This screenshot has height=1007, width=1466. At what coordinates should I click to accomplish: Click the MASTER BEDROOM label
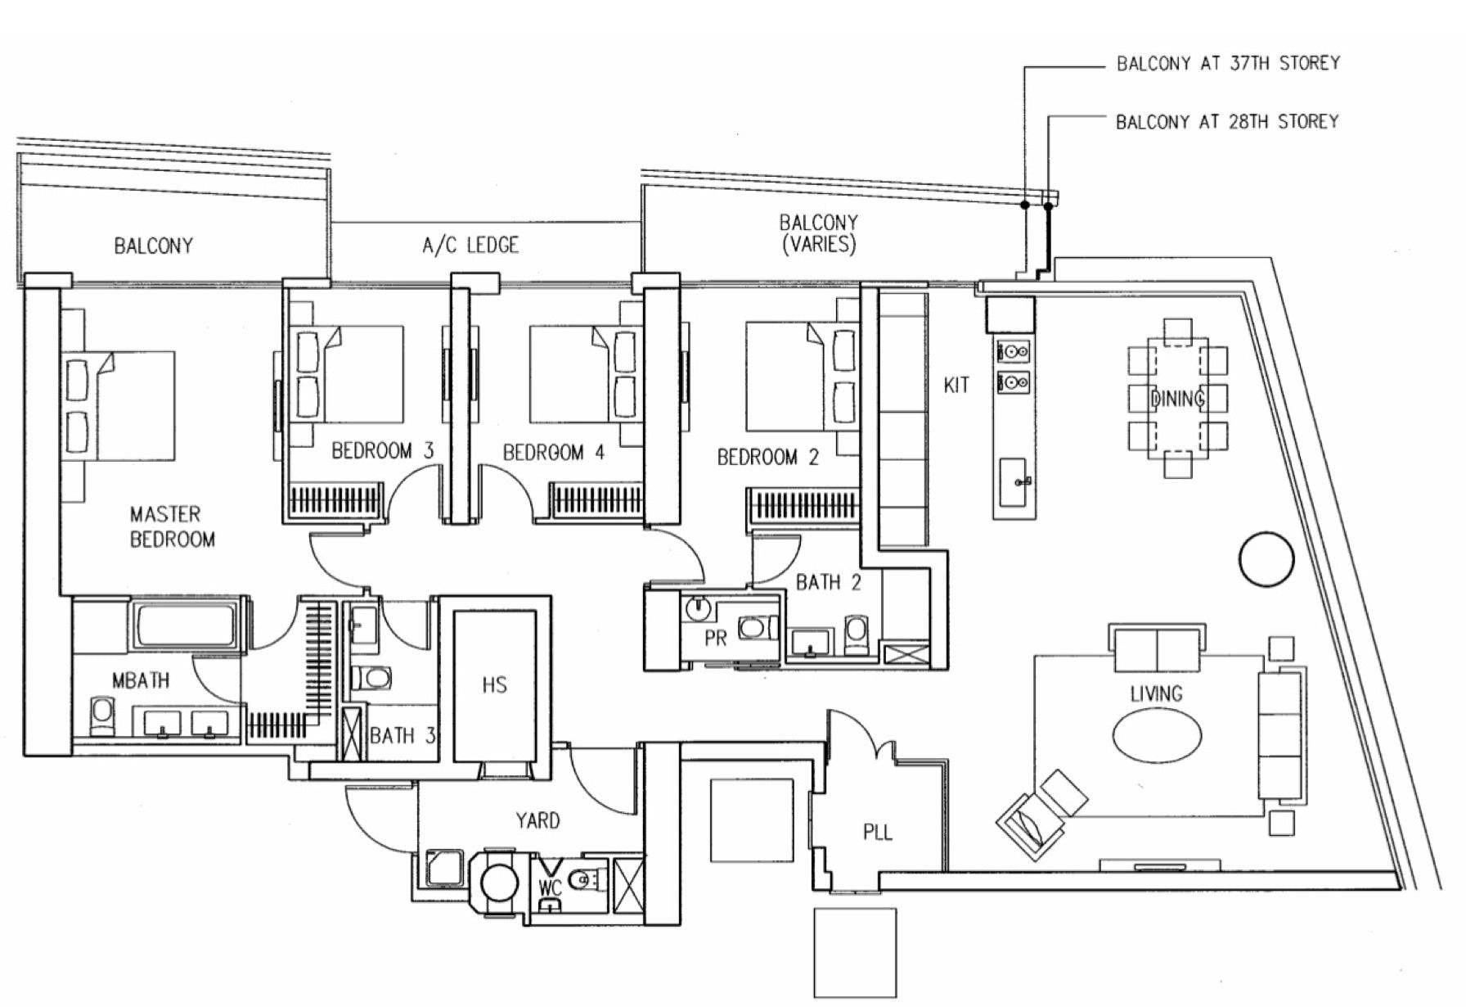coord(173,526)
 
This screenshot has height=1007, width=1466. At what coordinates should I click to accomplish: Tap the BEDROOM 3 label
coord(382,450)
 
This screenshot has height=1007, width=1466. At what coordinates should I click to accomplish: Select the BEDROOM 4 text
coord(554,452)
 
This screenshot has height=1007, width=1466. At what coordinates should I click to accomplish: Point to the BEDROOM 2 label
coord(767,457)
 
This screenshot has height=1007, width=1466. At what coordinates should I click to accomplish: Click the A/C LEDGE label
coord(470,245)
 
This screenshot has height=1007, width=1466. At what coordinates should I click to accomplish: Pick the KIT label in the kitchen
coord(956,385)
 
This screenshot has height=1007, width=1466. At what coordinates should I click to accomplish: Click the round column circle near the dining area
coord(1267,559)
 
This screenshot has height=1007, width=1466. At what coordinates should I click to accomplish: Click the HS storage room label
coord(494,685)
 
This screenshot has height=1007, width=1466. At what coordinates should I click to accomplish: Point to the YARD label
coord(537,820)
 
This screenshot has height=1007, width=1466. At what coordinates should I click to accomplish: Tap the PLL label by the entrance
coord(878,833)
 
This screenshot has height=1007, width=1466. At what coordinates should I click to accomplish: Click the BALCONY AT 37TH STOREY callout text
coord(1228,63)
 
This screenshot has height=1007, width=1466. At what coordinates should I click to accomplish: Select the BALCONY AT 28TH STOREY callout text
coord(1227,122)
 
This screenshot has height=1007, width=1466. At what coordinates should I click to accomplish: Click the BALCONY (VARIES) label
coord(818,233)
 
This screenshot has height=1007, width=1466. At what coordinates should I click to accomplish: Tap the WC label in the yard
coord(551,887)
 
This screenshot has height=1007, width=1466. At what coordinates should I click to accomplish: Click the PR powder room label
coord(716,638)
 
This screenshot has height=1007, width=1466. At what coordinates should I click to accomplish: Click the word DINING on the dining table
coord(1177,399)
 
